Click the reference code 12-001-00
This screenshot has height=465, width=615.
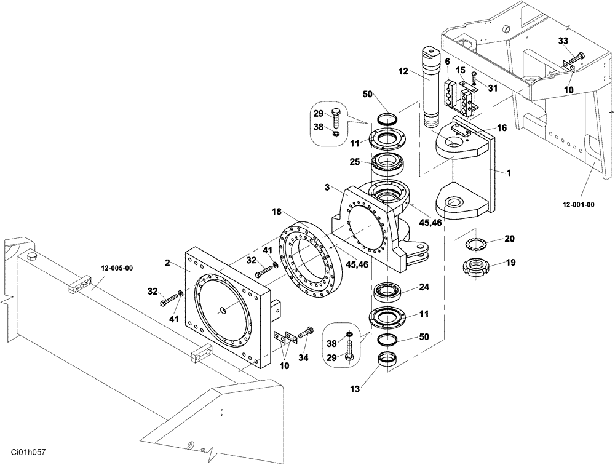(579, 205)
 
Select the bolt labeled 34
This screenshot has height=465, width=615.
(306, 333)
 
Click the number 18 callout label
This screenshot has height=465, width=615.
(277, 211)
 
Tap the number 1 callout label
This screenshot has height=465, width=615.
(509, 173)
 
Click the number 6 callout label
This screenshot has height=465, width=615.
(448, 61)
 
